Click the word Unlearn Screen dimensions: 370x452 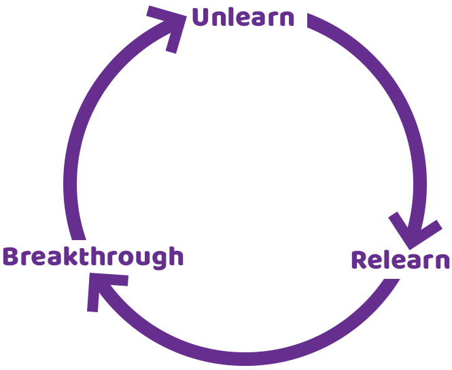point(243,17)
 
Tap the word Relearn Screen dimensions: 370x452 point(400,260)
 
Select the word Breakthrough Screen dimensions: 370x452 point(93,257)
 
